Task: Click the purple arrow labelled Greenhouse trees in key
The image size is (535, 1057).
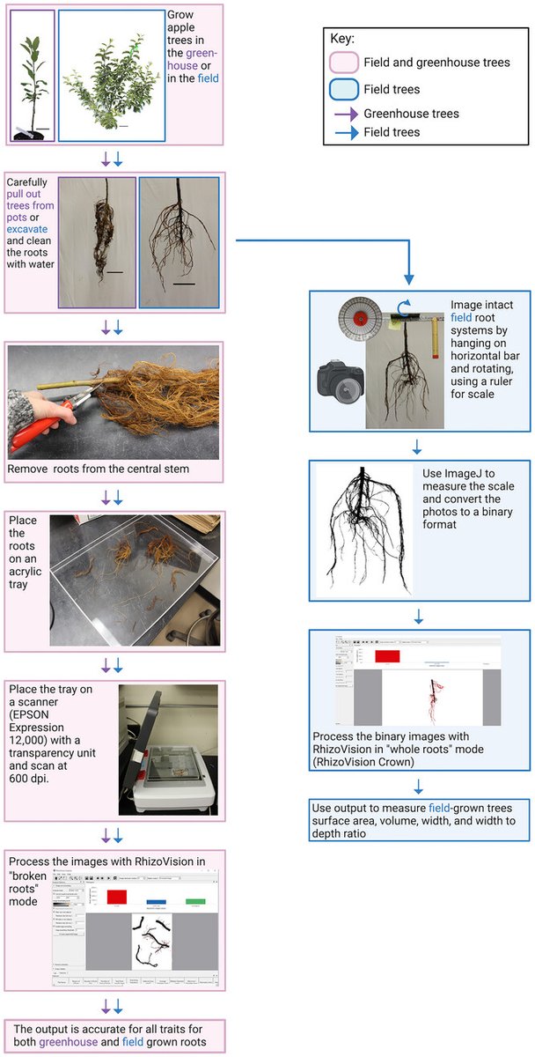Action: [x=342, y=114]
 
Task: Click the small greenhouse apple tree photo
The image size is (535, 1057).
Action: [x=33, y=77]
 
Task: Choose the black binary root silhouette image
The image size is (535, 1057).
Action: [x=365, y=534]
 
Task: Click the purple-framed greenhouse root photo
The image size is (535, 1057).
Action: [x=98, y=242]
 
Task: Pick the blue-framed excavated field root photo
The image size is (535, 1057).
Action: [x=179, y=242]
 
